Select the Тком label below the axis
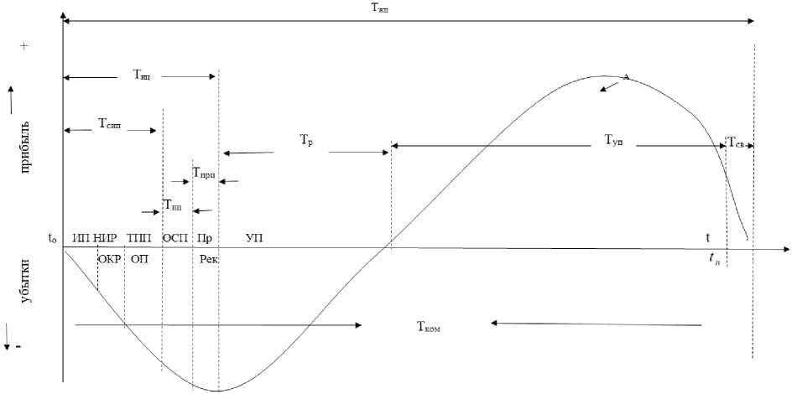pyautogui.click(x=428, y=328)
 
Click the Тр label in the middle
pyautogui.click(x=306, y=143)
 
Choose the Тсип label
pyautogui.click(x=110, y=125)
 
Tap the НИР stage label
pyautogui.click(x=106, y=239)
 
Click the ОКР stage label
pyautogui.click(x=110, y=259)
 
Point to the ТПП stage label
pyautogui.click(x=138, y=239)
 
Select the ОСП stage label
pyautogui.click(x=175, y=239)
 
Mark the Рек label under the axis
pyautogui.click(x=209, y=259)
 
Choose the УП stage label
pyautogui.click(x=254, y=239)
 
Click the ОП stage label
pyautogui.click(x=140, y=259)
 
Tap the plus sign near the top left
pyautogui.click(x=24, y=46)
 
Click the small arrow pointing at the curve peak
pyautogui.click(x=610, y=86)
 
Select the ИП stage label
pyautogui.click(x=81, y=239)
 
